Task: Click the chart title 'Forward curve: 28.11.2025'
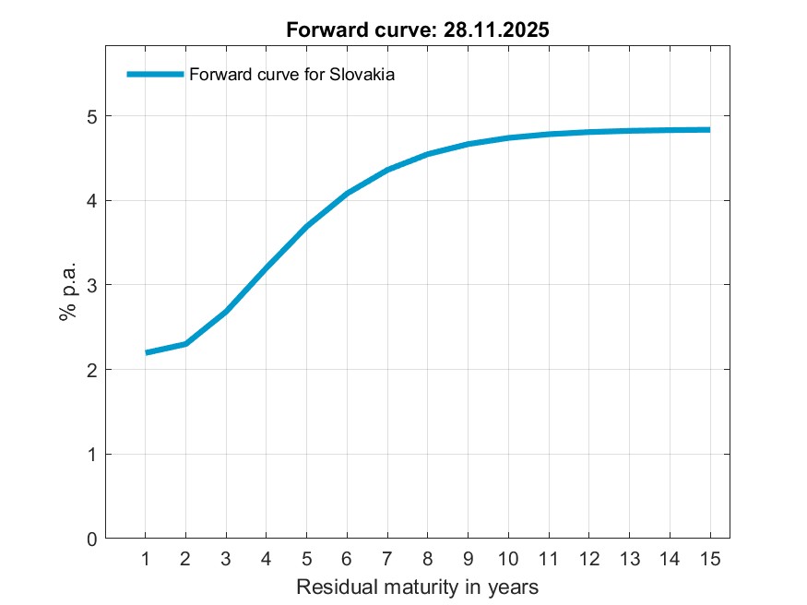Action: click(418, 30)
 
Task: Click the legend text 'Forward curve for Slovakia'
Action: click(291, 76)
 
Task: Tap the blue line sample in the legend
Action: click(155, 75)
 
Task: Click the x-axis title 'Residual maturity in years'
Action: click(417, 587)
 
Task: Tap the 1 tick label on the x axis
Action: click(146, 559)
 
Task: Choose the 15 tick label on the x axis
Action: click(709, 559)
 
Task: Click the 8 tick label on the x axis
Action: click(427, 559)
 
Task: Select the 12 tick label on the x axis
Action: click(588, 559)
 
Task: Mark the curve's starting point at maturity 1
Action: click(146, 352)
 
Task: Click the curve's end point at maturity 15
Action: click(709, 130)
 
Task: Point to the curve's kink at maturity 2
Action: click(185, 344)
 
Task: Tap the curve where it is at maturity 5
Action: click(306, 226)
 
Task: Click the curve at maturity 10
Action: click(508, 138)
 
